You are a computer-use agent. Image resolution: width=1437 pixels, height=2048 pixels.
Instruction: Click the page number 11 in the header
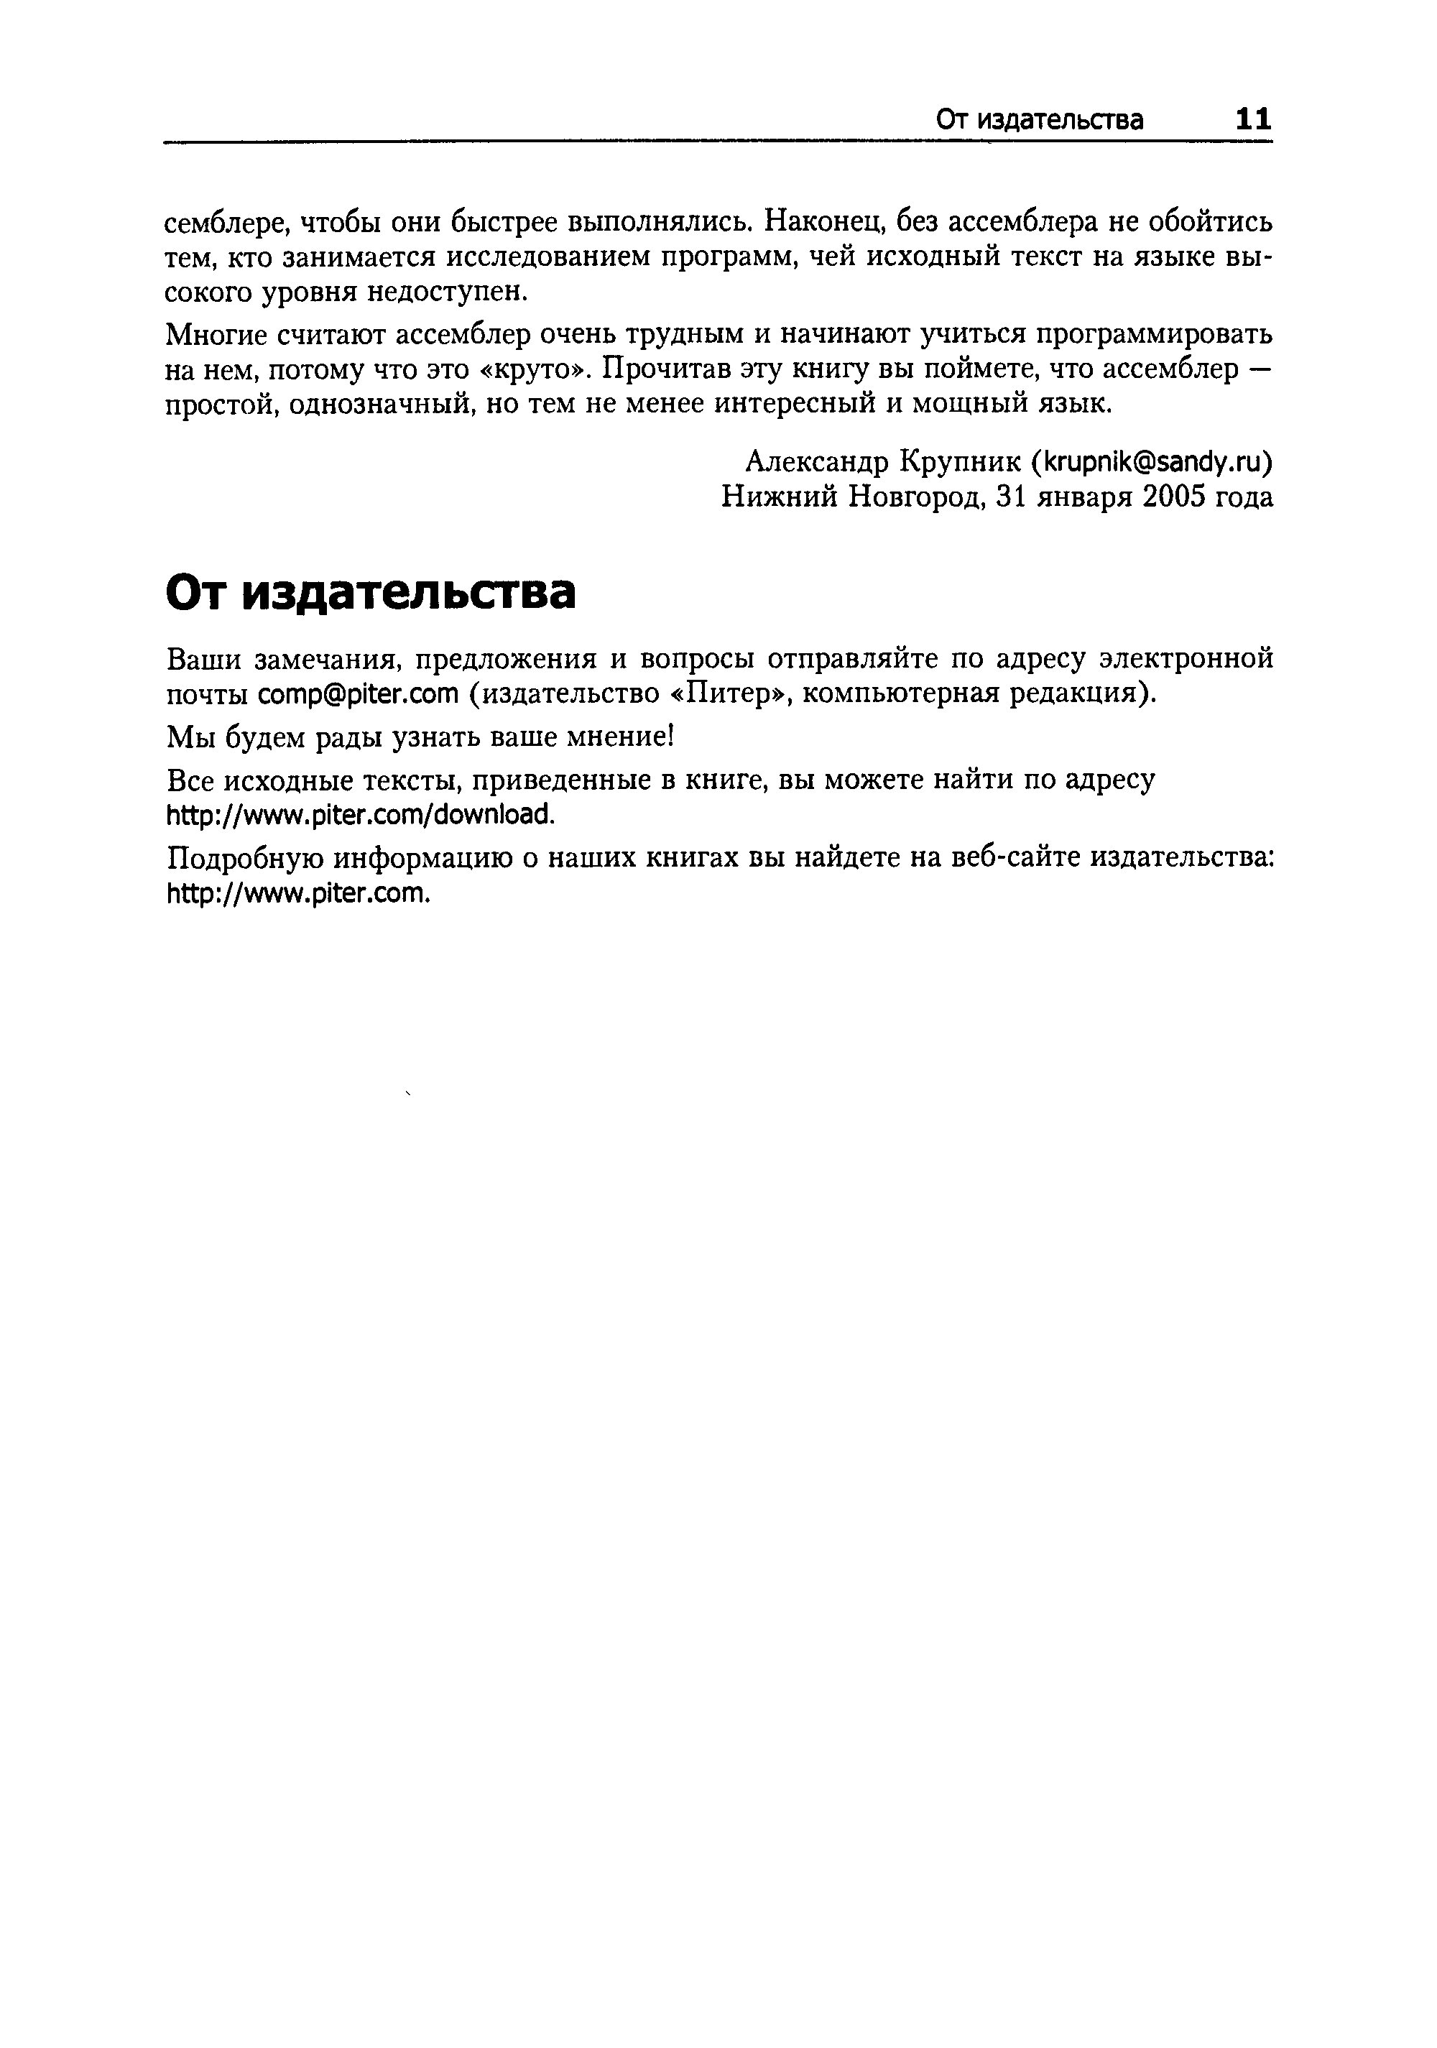pos(1252,119)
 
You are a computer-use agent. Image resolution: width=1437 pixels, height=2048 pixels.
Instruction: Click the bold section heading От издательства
pos(370,593)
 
